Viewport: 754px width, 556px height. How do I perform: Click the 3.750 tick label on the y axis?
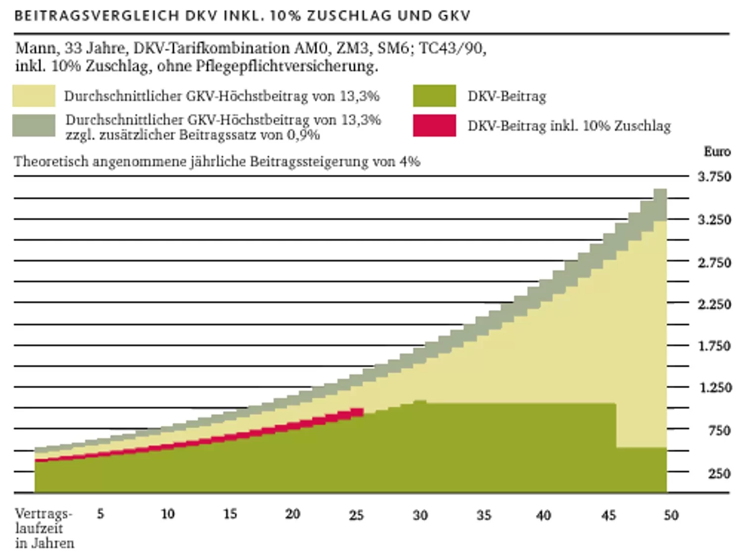(714, 177)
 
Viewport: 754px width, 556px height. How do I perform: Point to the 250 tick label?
(719, 474)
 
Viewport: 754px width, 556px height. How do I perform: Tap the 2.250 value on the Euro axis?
(714, 304)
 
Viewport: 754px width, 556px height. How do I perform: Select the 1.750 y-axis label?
(714, 346)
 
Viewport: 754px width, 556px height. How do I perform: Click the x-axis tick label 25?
(356, 515)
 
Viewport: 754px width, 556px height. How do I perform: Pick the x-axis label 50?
(671, 515)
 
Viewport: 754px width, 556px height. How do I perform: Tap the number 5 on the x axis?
(100, 514)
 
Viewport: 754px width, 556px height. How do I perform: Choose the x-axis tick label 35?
(484, 515)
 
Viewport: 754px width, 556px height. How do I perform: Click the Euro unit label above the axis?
(717, 152)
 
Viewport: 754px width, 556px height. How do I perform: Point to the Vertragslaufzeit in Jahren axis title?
(44, 528)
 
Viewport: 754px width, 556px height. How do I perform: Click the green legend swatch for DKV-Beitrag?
(434, 96)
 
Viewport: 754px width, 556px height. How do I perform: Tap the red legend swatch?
(434, 125)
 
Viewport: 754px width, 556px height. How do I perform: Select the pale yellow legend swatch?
(34, 96)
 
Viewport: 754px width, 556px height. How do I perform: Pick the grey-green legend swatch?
(34, 125)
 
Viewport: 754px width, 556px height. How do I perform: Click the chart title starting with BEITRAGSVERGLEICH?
(242, 16)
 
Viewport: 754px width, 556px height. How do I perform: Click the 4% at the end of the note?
(410, 161)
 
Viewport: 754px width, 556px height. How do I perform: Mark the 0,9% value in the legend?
(303, 135)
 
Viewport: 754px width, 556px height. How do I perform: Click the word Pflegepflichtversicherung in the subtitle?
(286, 66)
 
